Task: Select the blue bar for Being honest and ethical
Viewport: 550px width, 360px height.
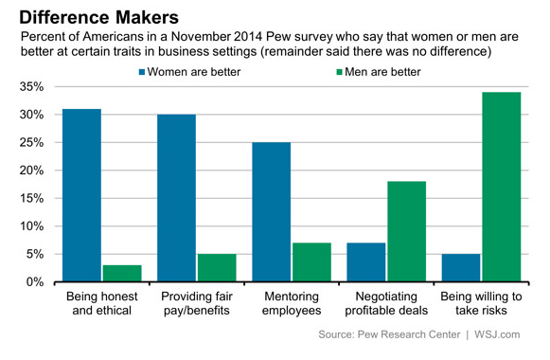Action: (81, 195)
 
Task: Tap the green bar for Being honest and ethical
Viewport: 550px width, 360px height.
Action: (121, 274)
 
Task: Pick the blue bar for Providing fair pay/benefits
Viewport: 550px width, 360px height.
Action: (176, 198)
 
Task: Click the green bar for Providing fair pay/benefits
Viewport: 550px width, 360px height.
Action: (216, 268)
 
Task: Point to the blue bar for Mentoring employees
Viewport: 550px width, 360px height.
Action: (271, 212)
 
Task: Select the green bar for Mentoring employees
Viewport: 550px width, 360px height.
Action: (310, 262)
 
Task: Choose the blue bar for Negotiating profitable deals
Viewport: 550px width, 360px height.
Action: (365, 262)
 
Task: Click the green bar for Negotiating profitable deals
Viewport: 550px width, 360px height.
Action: (405, 231)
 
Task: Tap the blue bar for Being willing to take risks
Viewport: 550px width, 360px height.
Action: (460, 268)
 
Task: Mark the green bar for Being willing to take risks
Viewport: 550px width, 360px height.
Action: (501, 187)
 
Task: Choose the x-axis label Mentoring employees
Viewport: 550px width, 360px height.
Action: (292, 303)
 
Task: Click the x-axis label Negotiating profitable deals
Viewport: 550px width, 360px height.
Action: (386, 303)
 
